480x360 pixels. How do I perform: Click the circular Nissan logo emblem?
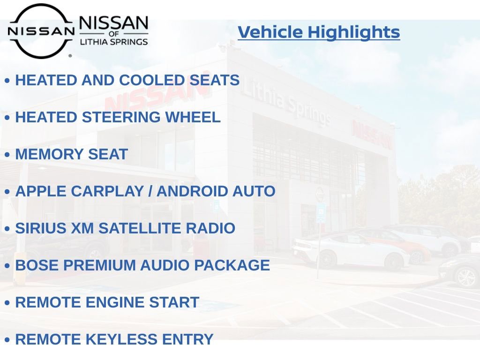[41, 31]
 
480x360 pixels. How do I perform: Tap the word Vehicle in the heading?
[270, 32]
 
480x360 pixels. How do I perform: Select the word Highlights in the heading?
[354, 32]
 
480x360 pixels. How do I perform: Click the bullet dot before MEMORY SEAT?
[7, 155]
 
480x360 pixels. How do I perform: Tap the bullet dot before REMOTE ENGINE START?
[7, 303]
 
